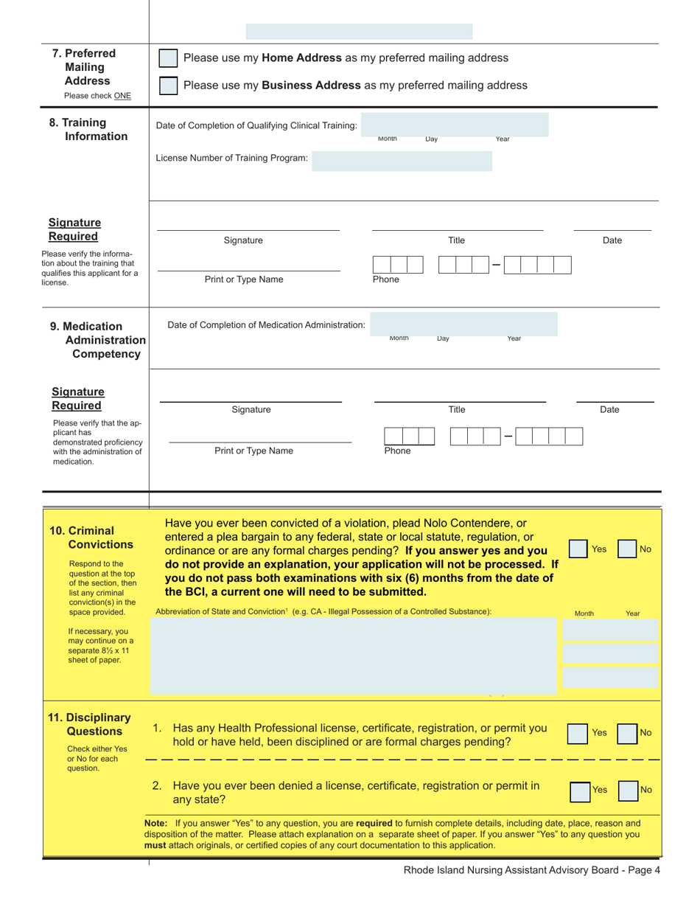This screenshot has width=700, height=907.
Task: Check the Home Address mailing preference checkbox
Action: coord(169,58)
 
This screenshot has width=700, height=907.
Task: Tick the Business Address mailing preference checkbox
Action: coord(169,86)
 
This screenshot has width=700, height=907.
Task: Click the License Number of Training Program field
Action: coord(402,160)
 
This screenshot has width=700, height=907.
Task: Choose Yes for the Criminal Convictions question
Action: coord(579,549)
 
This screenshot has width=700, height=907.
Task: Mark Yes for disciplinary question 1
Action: coord(579,732)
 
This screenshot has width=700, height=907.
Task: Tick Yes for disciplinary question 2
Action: coord(581,790)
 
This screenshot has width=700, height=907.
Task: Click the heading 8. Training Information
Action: coord(88,130)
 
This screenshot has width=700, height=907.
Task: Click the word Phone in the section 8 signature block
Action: coord(385,279)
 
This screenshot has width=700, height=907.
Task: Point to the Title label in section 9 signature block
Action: coord(457,410)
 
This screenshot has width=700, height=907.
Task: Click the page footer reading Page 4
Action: coord(532,869)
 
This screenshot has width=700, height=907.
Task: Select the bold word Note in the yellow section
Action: coord(156,822)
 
